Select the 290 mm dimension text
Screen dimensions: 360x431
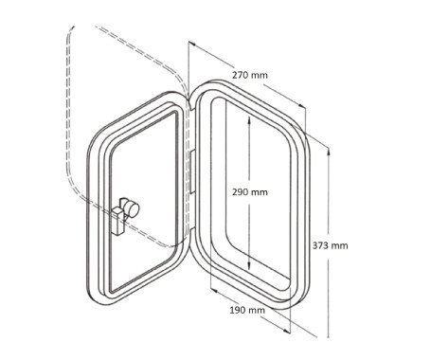[250, 191]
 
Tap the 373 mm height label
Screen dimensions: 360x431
[331, 245]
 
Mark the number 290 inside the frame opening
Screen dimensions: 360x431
[242, 191]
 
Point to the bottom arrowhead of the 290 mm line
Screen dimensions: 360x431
[248, 268]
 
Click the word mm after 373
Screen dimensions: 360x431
[340, 245]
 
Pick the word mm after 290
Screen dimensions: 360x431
[260, 191]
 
